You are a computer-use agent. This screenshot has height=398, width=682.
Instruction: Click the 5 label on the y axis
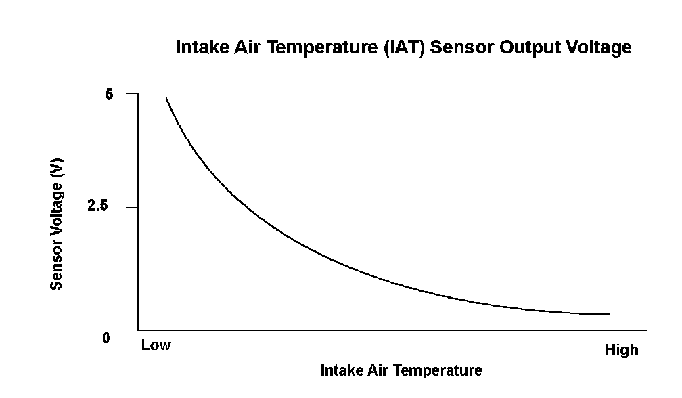(110, 95)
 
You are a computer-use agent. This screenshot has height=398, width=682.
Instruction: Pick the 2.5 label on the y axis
(99, 207)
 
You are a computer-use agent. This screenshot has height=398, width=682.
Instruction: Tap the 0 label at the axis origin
(106, 338)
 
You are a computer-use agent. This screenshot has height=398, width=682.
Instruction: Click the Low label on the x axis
(156, 345)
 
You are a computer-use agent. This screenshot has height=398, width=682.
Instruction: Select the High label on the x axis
(621, 350)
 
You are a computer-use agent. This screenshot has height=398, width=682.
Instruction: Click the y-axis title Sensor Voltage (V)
(58, 228)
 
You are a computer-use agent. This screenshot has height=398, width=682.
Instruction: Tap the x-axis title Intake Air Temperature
(401, 370)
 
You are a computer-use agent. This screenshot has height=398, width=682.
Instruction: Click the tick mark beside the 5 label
(131, 94)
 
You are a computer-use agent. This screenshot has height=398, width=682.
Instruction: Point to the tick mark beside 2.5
(131, 207)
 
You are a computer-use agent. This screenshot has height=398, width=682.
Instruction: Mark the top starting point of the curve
(166, 98)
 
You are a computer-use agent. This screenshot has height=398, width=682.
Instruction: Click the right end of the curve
(608, 314)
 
